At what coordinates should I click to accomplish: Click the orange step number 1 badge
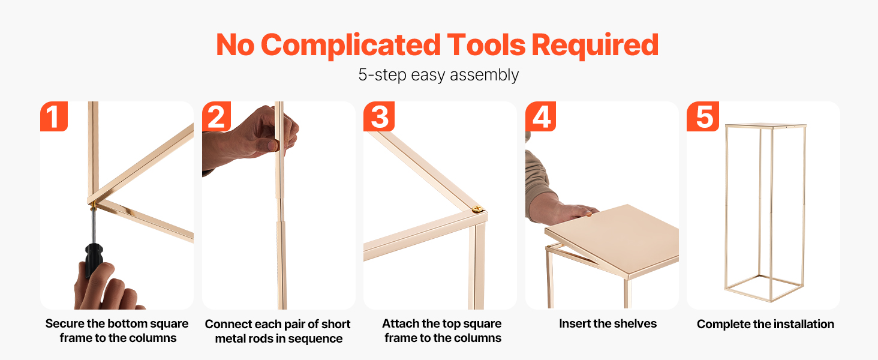coord(54,116)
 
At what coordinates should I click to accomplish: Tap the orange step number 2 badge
coord(217,116)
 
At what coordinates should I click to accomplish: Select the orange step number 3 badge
coord(378,116)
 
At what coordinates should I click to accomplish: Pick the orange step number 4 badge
coord(540,116)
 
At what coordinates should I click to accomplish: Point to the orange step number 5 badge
coord(703,116)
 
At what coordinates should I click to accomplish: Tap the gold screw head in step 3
coord(477,209)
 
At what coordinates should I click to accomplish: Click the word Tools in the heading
coord(486,45)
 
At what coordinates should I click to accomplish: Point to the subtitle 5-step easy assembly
coord(438,74)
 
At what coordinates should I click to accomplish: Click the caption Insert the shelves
coord(608,323)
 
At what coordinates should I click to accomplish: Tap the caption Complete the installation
coord(765,324)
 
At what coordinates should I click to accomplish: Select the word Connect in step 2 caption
coord(228,324)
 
